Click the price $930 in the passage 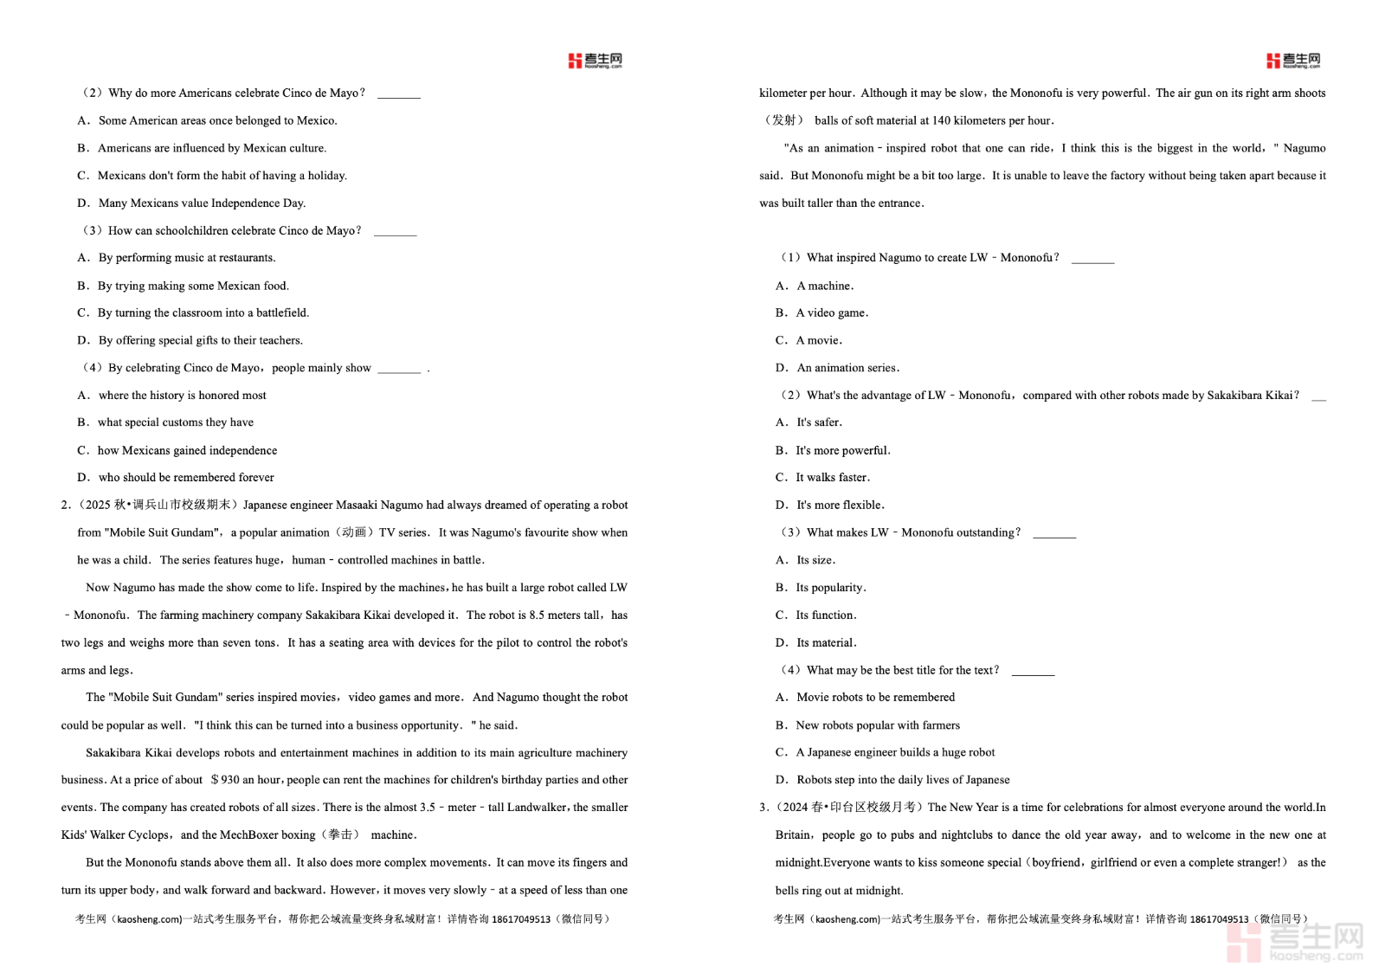pyautogui.click(x=225, y=780)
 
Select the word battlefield pyautogui.click(x=281, y=312)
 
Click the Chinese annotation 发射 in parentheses pyautogui.click(x=783, y=120)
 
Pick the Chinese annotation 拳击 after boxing pyautogui.click(x=340, y=835)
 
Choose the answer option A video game pyautogui.click(x=832, y=312)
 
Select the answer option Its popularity pyautogui.click(x=830, y=588)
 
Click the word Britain pyautogui.click(x=793, y=835)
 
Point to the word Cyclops pyautogui.click(x=149, y=835)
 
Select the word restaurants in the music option pyautogui.click(x=247, y=258)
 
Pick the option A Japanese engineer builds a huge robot pyautogui.click(x=895, y=753)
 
